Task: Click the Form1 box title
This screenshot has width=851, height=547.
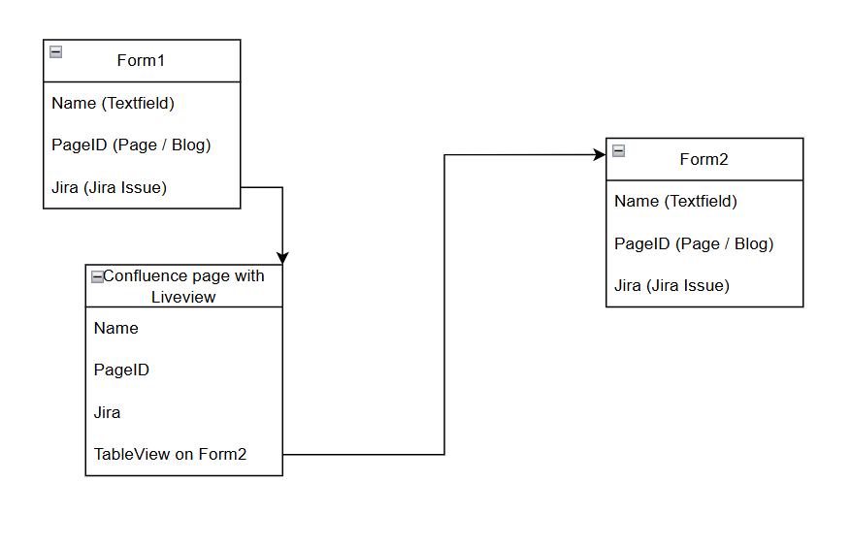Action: click(x=141, y=61)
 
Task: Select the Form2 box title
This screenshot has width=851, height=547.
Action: click(x=704, y=160)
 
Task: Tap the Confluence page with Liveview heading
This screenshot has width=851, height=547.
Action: click(x=183, y=286)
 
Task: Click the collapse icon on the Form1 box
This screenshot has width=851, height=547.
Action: click(x=56, y=52)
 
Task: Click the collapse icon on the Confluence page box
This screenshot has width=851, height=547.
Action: click(x=97, y=276)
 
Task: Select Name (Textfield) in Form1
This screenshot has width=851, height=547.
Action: click(x=113, y=103)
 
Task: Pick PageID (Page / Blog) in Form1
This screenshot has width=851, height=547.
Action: click(x=131, y=145)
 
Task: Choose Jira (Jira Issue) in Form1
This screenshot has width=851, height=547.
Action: click(x=109, y=187)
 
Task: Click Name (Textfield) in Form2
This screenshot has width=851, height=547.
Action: click(x=675, y=202)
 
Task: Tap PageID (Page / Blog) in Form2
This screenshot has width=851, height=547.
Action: click(x=694, y=243)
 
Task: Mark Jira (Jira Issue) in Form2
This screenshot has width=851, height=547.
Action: click(x=671, y=285)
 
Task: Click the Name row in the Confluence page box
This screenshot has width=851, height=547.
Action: click(x=116, y=328)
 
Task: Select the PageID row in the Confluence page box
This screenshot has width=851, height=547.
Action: click(x=121, y=370)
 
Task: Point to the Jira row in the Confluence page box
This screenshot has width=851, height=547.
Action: click(x=108, y=412)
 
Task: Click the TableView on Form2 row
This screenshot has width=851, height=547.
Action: click(x=170, y=454)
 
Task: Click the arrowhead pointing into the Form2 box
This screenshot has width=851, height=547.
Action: click(x=599, y=154)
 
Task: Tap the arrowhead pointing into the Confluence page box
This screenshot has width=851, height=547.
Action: click(x=282, y=258)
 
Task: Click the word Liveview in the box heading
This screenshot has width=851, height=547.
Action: click(x=183, y=297)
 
